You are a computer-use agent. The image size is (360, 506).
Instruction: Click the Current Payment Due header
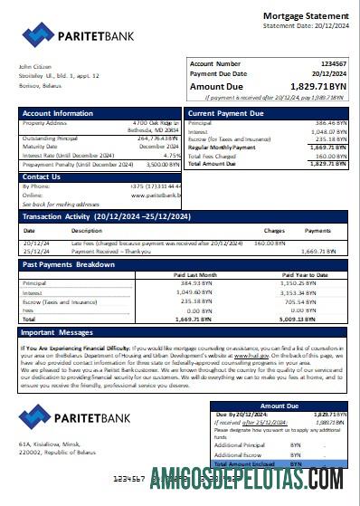[225, 113]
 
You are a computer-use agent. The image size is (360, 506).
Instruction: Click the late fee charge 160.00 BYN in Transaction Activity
[269, 243]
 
